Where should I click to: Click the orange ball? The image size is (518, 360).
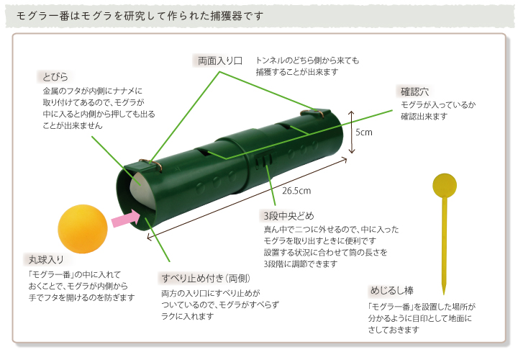[x=83, y=229]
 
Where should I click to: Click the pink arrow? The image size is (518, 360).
[x=126, y=218]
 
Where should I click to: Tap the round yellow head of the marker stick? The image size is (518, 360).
[x=445, y=185]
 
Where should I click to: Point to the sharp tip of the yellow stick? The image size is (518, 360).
[x=444, y=294]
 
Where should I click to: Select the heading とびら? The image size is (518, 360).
[x=55, y=77]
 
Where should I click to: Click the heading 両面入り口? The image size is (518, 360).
[x=220, y=60]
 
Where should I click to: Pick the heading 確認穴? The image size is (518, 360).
[x=414, y=91]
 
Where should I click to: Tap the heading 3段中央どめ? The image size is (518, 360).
[x=288, y=216]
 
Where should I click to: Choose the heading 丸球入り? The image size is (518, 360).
[x=46, y=260]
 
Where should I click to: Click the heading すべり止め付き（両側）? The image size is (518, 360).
[x=206, y=279]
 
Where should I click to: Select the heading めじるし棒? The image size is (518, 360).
[x=392, y=291]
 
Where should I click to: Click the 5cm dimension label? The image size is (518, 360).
[x=364, y=132]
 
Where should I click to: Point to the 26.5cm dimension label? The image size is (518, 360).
[x=296, y=191]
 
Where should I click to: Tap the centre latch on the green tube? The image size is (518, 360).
[x=264, y=159]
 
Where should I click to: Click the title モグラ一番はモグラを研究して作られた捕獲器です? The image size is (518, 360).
[x=140, y=16]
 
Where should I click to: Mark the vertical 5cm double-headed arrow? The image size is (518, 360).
[x=351, y=132]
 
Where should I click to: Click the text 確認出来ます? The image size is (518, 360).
[x=424, y=117]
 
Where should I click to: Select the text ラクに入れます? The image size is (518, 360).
[x=187, y=316]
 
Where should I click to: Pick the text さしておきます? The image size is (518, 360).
[x=394, y=330]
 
